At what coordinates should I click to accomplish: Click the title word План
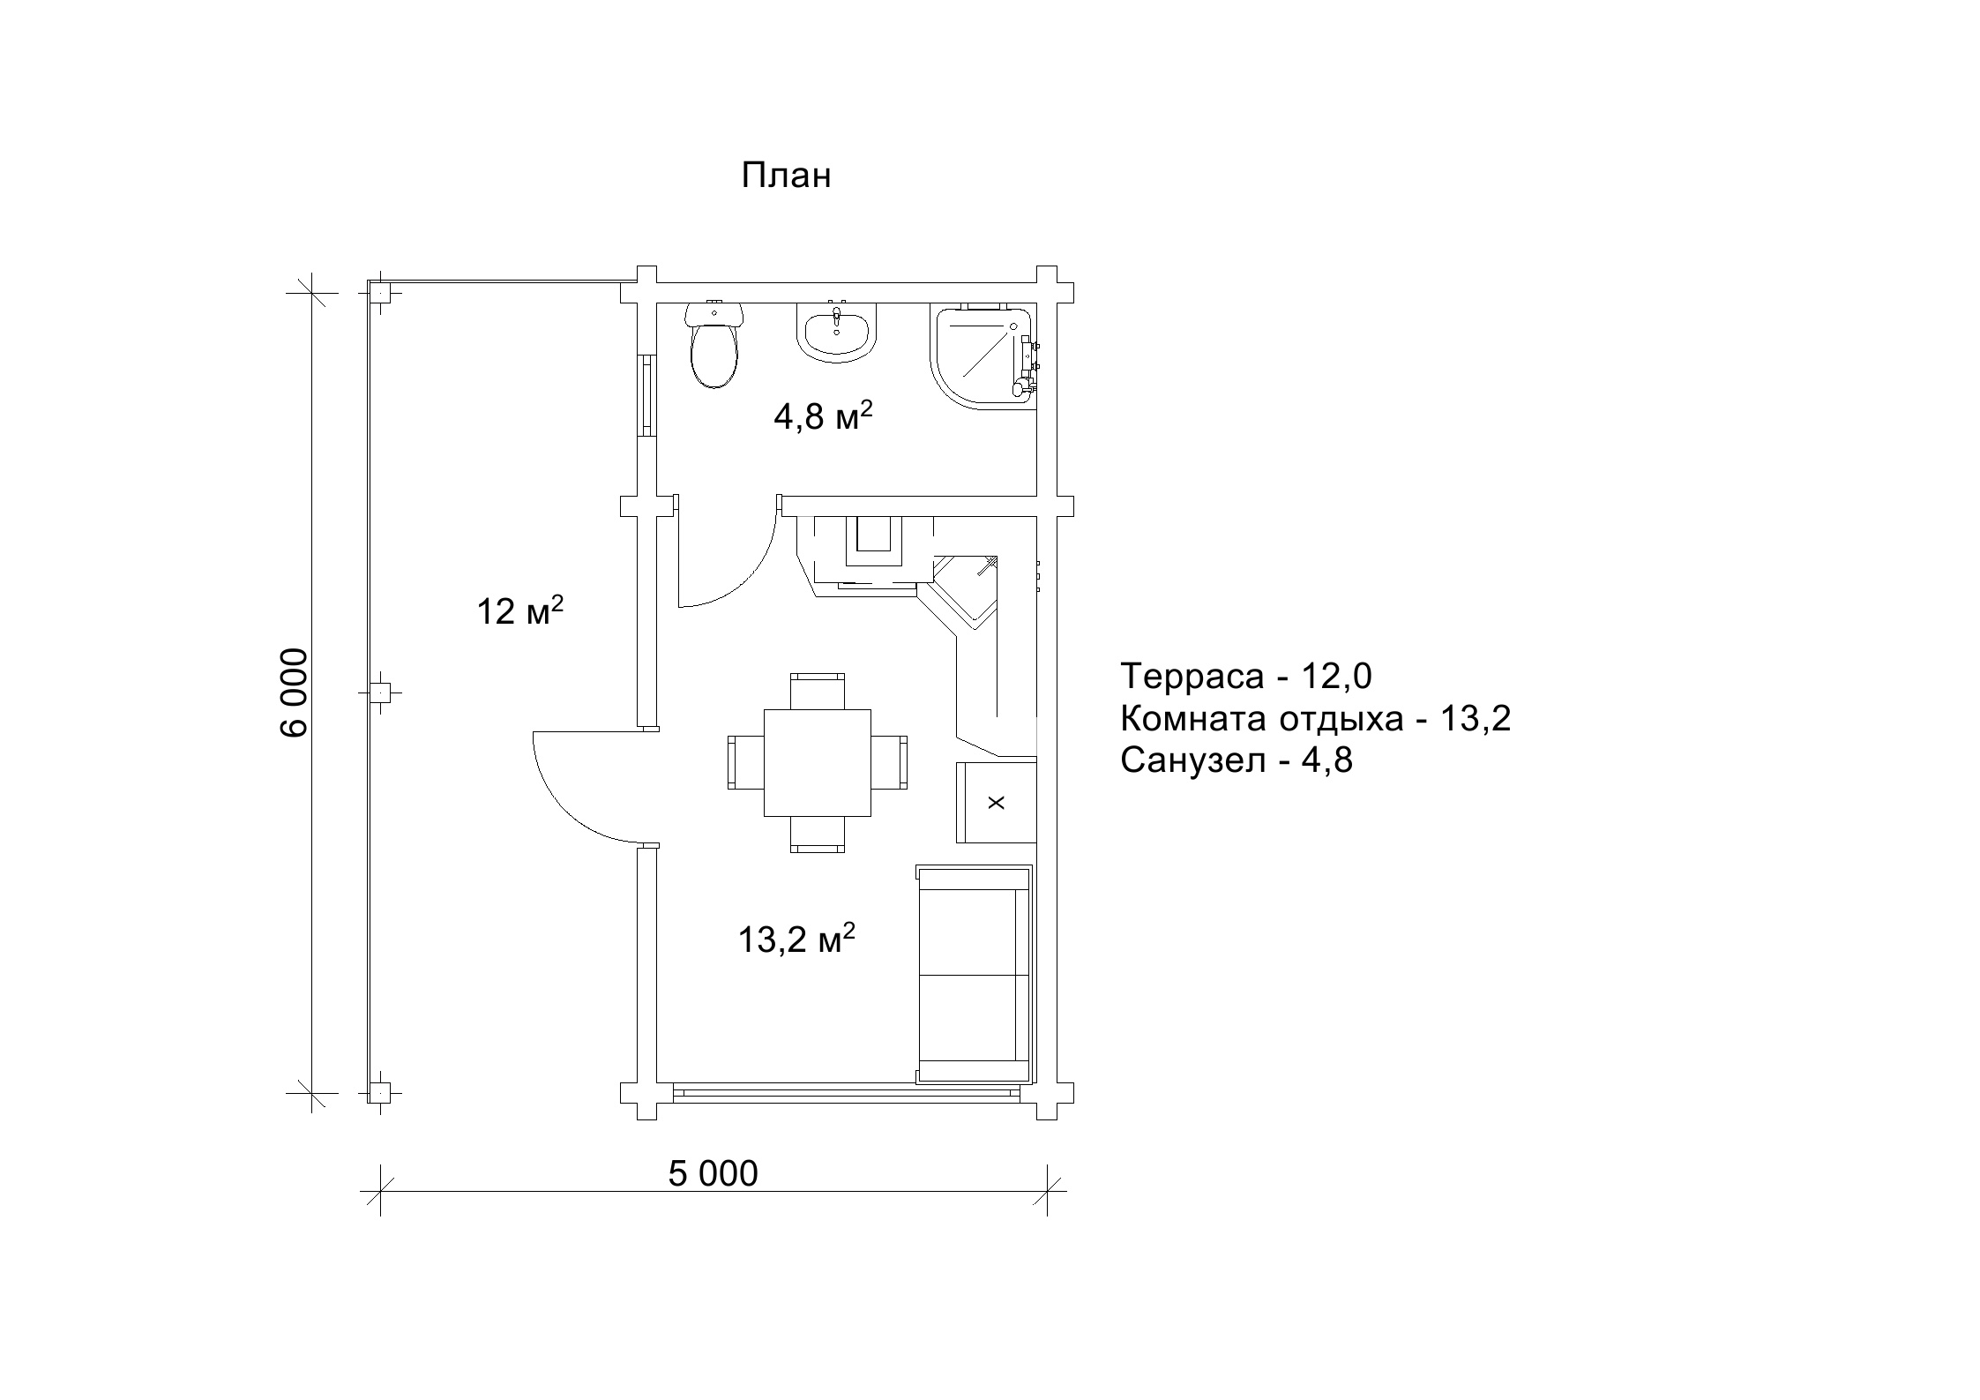[x=786, y=176]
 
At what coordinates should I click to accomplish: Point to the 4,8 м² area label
[x=823, y=416]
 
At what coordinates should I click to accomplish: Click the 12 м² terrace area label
[x=520, y=610]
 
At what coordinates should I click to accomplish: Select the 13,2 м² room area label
[x=796, y=939]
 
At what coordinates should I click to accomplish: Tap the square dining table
[x=818, y=763]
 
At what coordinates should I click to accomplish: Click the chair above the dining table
[x=818, y=691]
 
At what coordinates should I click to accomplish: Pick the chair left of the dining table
[x=746, y=763]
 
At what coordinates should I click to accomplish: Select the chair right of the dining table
[x=889, y=763]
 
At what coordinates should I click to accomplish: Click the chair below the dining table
[x=818, y=835]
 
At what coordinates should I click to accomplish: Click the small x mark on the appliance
[x=997, y=803]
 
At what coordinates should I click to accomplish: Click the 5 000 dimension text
[x=713, y=1174]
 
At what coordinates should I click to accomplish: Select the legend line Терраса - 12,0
[x=1246, y=677]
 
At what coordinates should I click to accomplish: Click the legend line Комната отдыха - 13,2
[x=1316, y=719]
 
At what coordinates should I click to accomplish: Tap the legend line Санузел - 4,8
[x=1237, y=760]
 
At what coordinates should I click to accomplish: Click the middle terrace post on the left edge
[x=380, y=693]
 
